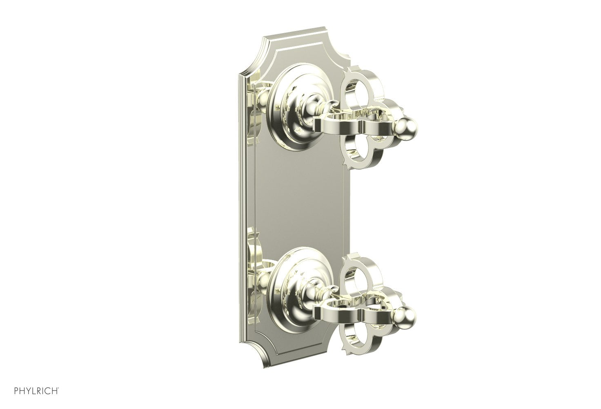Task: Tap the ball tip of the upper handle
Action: [x=406, y=124]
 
